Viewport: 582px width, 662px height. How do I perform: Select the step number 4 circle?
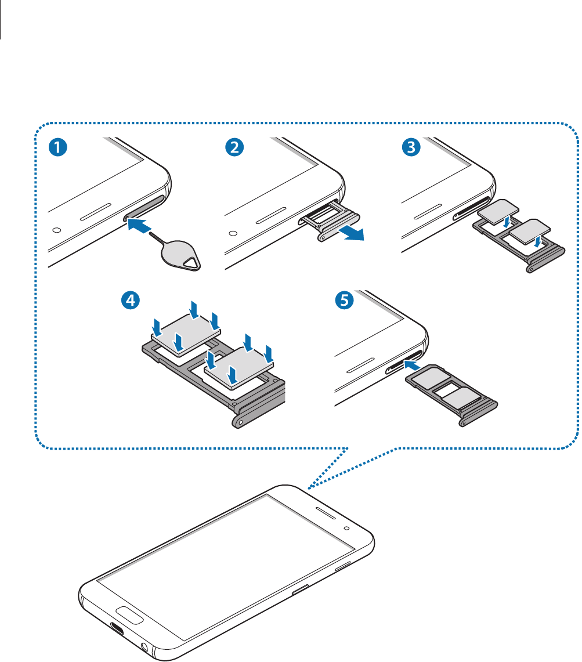(x=131, y=300)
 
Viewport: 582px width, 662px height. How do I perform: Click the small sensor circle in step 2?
(x=233, y=233)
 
